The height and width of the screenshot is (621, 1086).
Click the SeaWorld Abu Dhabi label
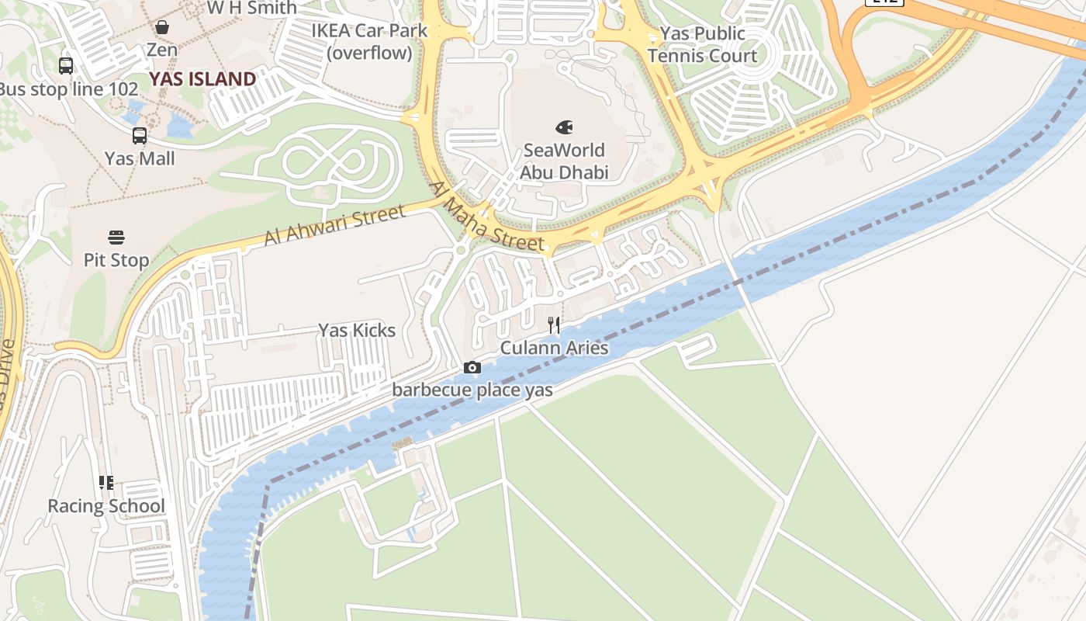click(x=564, y=161)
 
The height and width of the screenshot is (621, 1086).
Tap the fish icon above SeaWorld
click(x=564, y=127)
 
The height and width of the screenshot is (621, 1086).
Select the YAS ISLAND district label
click(x=202, y=79)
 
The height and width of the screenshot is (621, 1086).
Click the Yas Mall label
click(x=140, y=158)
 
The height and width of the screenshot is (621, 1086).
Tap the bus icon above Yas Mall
click(x=140, y=136)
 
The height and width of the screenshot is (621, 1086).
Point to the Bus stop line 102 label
click(x=68, y=89)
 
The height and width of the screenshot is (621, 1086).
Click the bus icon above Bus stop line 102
click(x=66, y=66)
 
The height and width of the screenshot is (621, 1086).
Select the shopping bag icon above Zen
click(x=162, y=28)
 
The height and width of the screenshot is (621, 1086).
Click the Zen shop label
click(x=162, y=50)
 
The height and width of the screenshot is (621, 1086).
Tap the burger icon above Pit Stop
click(x=116, y=237)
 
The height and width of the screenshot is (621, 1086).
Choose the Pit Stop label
click(x=116, y=260)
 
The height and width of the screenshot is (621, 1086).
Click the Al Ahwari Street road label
click(x=334, y=225)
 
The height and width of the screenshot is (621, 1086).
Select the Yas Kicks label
click(x=357, y=331)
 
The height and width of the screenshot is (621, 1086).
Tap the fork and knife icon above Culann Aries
click(x=554, y=325)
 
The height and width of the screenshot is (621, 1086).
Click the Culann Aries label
click(x=554, y=348)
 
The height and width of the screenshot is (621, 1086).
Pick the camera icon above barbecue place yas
click(x=472, y=368)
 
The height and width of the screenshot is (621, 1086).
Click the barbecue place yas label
click(x=472, y=390)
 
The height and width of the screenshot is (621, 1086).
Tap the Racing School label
click(x=106, y=506)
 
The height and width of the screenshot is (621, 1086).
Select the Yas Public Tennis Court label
click(x=702, y=45)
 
